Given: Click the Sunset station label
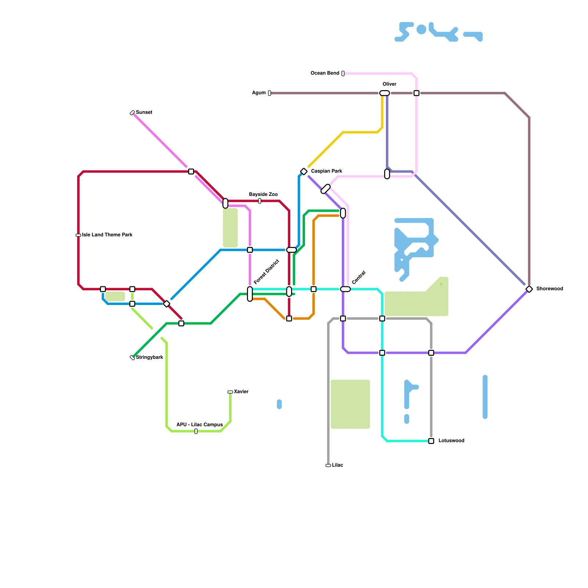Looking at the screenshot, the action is [x=144, y=112].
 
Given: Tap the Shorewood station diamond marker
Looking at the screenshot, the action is [x=529, y=289].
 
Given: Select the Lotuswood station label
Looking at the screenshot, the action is [x=451, y=441].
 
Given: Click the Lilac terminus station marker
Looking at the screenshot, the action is [x=328, y=466].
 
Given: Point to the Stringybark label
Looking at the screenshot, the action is [x=150, y=358].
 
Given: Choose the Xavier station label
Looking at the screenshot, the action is [x=241, y=392].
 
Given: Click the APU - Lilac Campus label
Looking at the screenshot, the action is [x=200, y=425].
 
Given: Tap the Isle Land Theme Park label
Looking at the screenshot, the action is [x=107, y=235].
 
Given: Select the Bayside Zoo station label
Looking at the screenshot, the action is [x=263, y=194].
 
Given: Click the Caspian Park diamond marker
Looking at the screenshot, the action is [x=304, y=172].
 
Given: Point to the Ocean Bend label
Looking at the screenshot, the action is [x=325, y=73].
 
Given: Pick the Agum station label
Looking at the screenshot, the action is [x=259, y=93].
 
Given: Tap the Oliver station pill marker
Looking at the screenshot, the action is [x=384, y=93].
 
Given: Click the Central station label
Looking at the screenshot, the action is [x=359, y=277].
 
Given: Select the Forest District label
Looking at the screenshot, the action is [x=266, y=272].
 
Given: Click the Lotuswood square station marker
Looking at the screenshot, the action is [x=431, y=441].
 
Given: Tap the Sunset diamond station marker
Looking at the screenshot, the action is [x=132, y=113].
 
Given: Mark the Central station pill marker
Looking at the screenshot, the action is [x=345, y=289].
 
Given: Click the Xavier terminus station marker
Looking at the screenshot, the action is [x=230, y=392].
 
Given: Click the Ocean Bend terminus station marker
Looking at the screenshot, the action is [x=343, y=73].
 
